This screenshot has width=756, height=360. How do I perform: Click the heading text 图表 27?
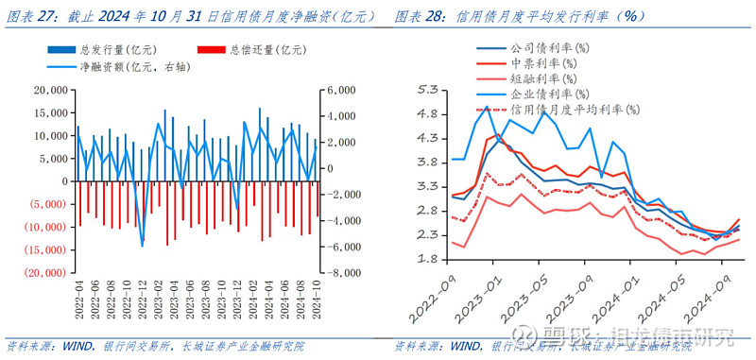click(28, 16)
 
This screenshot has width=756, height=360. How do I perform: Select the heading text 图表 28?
click(416, 16)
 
